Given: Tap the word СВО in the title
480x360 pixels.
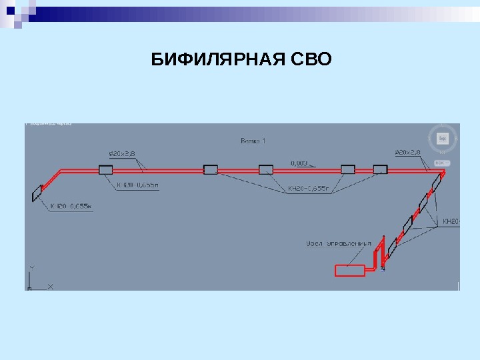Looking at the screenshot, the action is coord(311,61).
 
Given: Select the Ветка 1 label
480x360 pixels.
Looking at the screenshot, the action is coord(253,141).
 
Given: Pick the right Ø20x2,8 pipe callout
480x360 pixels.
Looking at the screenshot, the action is coord(408,153).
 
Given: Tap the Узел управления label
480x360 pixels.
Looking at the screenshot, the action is coord(338,243).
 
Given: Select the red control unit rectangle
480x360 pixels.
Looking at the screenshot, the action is coord(349,270).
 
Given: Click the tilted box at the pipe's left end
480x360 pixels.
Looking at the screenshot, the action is coord(37,193).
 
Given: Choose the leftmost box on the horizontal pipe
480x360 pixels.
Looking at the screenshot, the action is coord(105,170).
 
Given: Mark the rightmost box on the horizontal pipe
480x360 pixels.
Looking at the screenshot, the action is coord(380,169).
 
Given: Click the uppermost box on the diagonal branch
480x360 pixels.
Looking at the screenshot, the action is coord(436,183).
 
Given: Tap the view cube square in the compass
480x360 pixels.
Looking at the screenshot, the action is coord(442,139).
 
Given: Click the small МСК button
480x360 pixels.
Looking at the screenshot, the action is coord(441,163).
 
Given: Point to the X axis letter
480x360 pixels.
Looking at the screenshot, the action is coord(50,287).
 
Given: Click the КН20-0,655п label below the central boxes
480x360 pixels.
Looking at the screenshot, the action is coord(309,189).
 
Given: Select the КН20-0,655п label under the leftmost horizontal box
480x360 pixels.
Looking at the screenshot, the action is coord(139,186).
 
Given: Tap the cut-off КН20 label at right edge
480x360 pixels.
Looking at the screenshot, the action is coord(451,221).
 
